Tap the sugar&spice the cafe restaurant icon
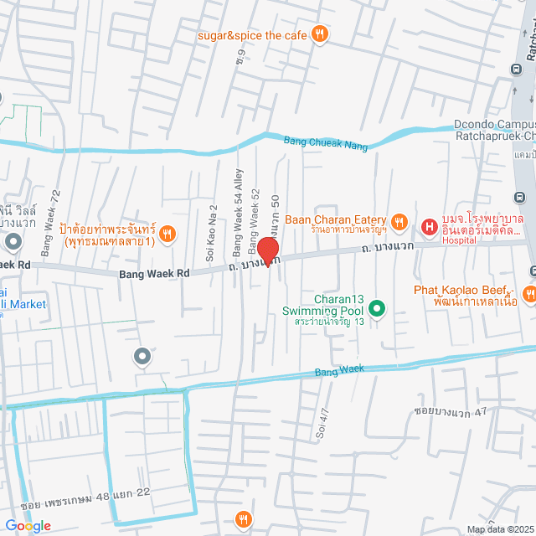click(x=319, y=34)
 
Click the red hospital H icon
click(x=429, y=227)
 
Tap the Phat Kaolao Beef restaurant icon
click(x=529, y=293)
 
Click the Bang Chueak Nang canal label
click(x=326, y=143)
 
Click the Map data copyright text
click(x=499, y=528)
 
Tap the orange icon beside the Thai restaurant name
click(x=167, y=234)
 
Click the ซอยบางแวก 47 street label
click(x=451, y=413)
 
